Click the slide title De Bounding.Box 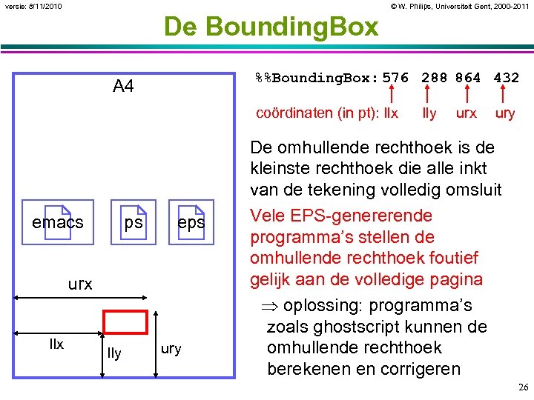pos(271,27)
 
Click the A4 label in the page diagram pos(123,87)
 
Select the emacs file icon pos(58,222)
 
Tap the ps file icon pos(134,222)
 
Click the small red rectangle pos(125,321)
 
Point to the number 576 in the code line pos(395,77)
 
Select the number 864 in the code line pos(468,77)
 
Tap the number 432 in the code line pos(506,77)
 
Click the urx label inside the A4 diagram pos(80,284)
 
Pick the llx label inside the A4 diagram pos(56,344)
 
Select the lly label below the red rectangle pos(113,354)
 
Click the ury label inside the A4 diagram pos(171,349)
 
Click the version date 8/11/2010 pos(44,7)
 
